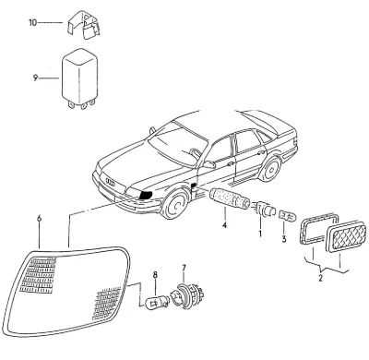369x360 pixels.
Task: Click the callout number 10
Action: [32, 23]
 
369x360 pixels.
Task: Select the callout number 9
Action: [35, 78]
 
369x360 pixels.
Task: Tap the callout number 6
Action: [39, 219]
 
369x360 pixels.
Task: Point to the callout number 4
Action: [225, 225]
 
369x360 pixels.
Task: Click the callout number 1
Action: [260, 234]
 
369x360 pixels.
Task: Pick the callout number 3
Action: [284, 238]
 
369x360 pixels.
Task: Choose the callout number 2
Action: [321, 279]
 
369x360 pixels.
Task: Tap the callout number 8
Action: [155, 275]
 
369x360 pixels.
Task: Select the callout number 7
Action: [184, 268]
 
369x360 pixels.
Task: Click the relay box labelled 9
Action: [80, 78]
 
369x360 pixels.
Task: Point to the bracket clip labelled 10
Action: [83, 25]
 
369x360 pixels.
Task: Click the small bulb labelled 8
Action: [157, 301]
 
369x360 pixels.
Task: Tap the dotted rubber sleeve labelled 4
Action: [230, 198]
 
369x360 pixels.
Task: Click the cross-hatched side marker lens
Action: [347, 236]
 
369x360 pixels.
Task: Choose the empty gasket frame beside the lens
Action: [318, 228]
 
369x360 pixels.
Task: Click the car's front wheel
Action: [175, 203]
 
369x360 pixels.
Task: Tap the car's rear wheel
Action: [270, 169]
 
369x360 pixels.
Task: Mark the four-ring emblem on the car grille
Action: [110, 182]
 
